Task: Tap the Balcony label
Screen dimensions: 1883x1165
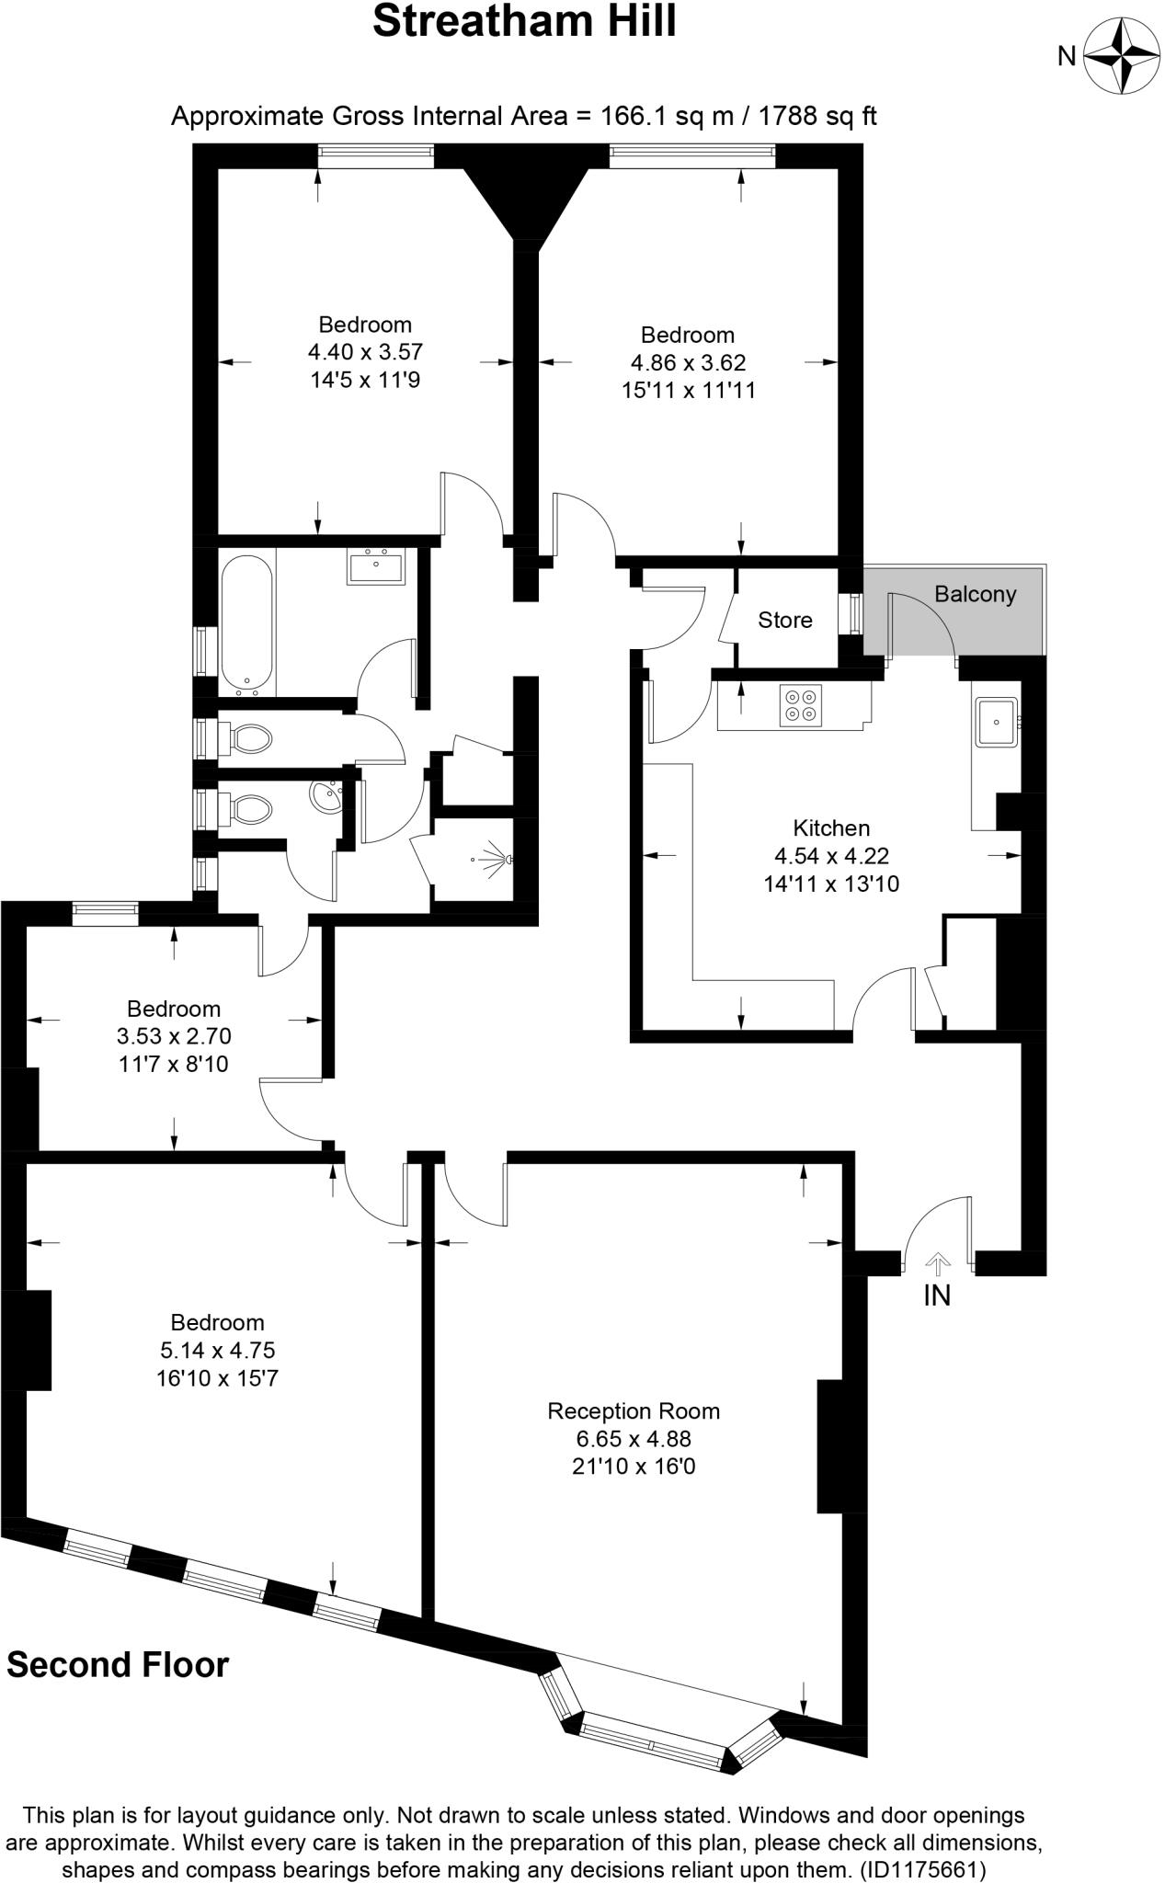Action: click(x=975, y=594)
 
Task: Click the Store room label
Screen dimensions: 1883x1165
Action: click(x=784, y=620)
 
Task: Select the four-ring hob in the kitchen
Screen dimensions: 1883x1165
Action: click(x=799, y=704)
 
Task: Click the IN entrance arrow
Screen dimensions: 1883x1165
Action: click(x=937, y=1265)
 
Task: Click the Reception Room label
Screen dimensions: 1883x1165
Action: click(x=634, y=1410)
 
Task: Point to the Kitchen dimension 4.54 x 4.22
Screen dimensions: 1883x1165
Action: click(x=831, y=856)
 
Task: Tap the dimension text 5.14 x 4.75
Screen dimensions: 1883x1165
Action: click(x=217, y=1350)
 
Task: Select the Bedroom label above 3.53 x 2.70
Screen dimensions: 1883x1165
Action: click(x=174, y=1008)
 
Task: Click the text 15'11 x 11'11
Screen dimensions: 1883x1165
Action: click(x=688, y=390)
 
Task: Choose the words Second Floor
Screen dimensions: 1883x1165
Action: click(x=118, y=1665)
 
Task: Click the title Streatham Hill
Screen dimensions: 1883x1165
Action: click(x=524, y=21)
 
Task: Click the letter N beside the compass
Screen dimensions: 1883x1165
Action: click(x=1067, y=57)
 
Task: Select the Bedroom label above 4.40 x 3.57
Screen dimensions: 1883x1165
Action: click(x=365, y=324)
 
